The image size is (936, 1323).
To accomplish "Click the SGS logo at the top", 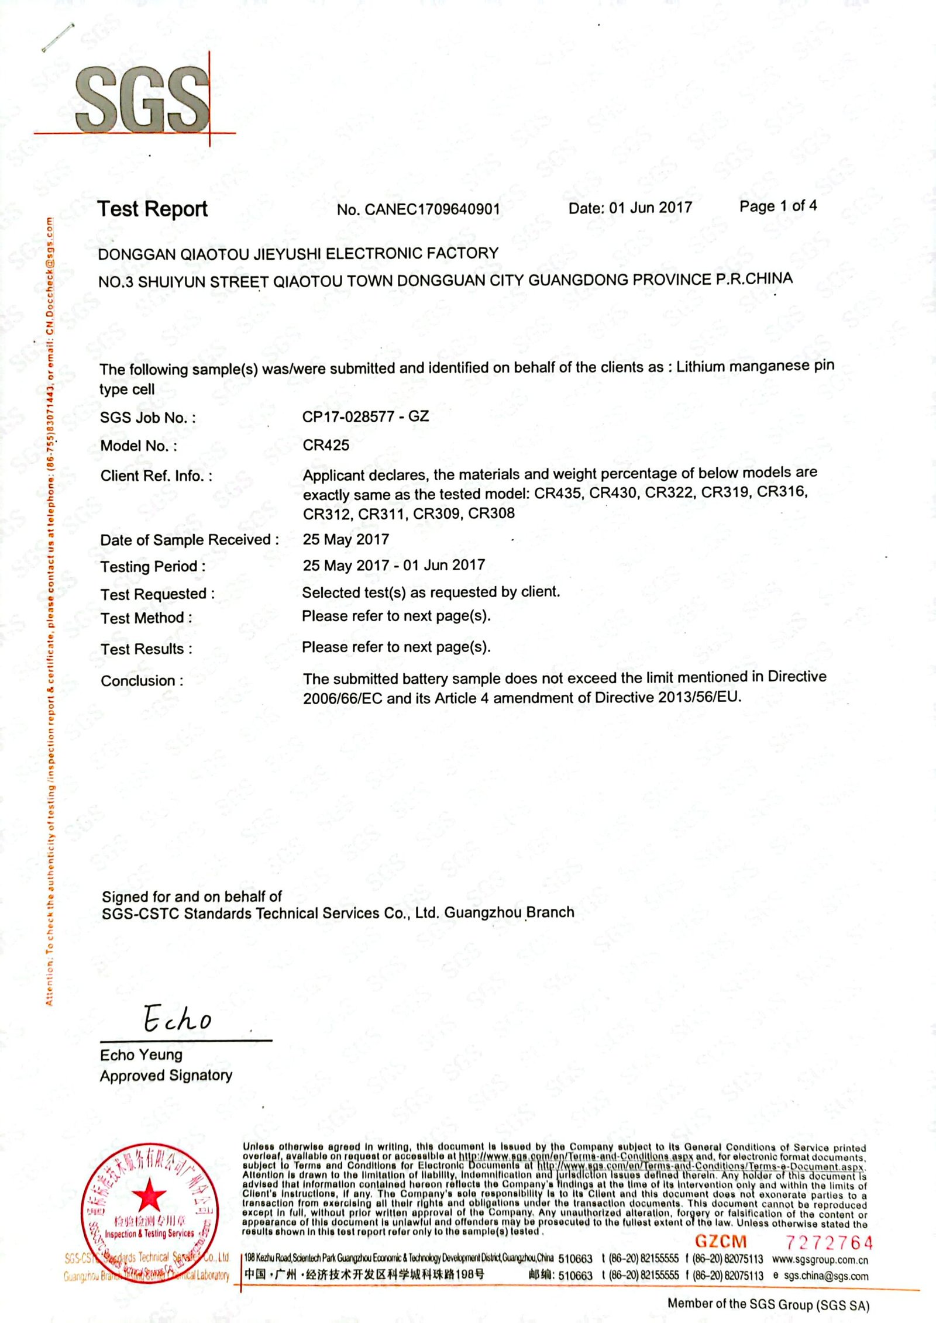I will [142, 99].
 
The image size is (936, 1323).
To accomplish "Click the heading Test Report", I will [152, 209].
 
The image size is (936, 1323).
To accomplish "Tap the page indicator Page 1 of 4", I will [777, 206].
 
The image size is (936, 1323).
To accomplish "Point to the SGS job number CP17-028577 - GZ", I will [365, 416].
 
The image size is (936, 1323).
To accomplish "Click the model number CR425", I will [326, 445].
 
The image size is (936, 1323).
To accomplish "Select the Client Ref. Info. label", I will [156, 476].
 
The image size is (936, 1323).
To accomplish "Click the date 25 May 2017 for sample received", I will [346, 539].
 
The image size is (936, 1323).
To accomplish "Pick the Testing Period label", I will [153, 566].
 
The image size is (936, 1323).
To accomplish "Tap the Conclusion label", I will [142, 680].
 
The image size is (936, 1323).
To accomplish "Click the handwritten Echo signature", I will [177, 1019].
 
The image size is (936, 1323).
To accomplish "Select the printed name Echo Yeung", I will [141, 1055].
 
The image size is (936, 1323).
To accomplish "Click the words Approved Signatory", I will [166, 1075].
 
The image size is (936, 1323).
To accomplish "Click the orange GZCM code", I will [721, 1241].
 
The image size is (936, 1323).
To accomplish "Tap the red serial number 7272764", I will [828, 1242].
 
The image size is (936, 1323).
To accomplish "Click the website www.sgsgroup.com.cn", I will [820, 1259].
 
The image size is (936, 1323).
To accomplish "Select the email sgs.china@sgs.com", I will [825, 1276].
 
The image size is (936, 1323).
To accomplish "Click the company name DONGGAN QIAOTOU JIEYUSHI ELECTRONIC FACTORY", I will [298, 253].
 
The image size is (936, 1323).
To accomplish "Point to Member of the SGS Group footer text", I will [768, 1304].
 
